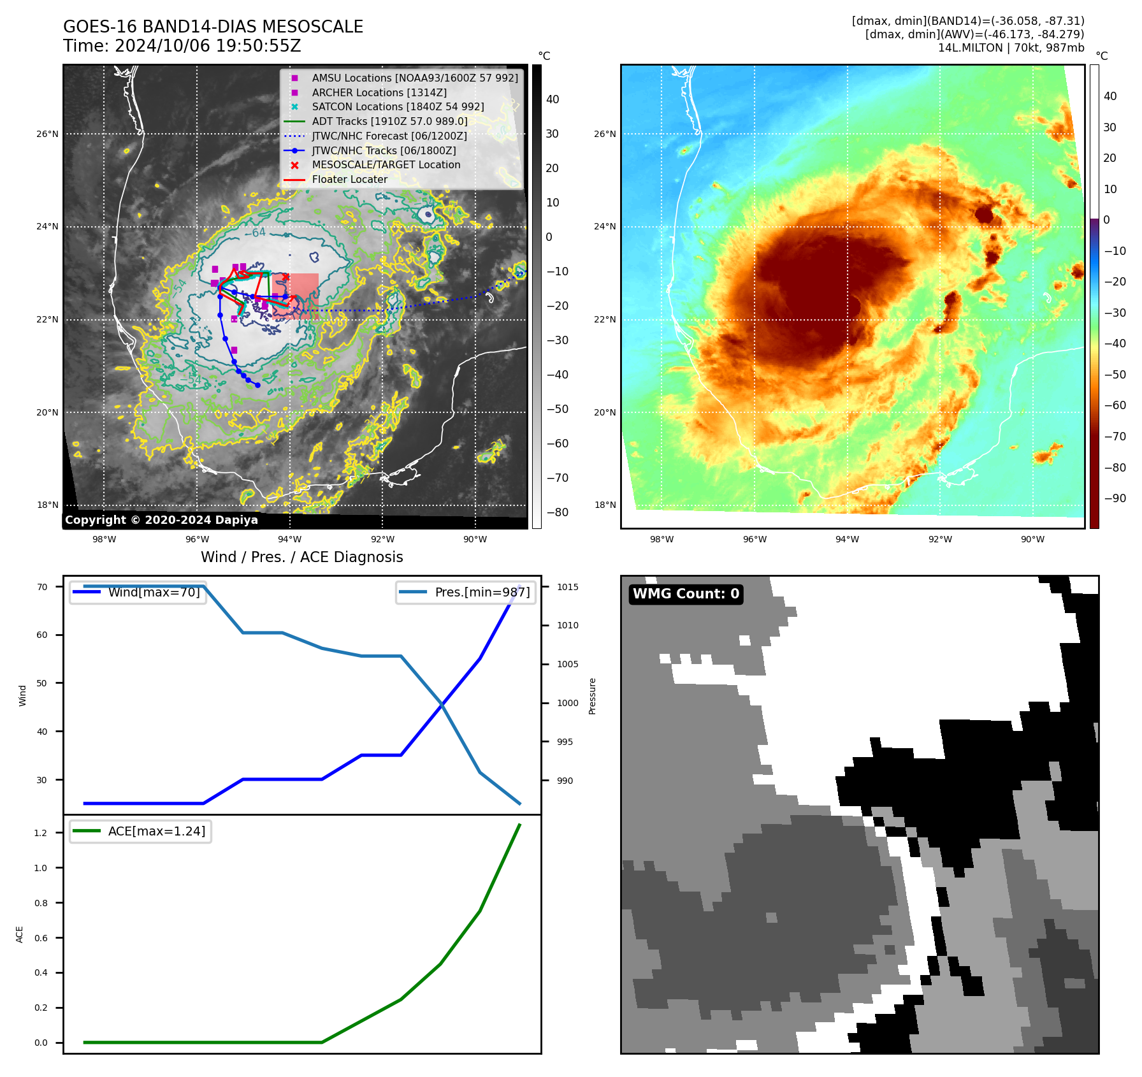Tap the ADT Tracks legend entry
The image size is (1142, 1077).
click(x=389, y=121)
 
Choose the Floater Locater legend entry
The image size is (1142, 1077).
click(x=349, y=179)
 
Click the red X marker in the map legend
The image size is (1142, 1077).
click(x=294, y=165)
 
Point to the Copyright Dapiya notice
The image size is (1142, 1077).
click(x=161, y=520)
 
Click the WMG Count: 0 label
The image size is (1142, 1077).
click(x=686, y=594)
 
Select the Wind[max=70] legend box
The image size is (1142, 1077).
click(x=138, y=592)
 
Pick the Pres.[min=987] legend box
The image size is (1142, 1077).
click(x=465, y=592)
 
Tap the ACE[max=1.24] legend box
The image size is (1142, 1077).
click(x=140, y=831)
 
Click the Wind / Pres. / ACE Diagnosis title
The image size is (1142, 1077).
click(x=301, y=557)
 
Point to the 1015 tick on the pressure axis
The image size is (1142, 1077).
click(x=567, y=587)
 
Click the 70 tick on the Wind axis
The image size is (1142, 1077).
click(x=42, y=587)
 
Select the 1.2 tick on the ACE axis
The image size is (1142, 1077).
click(x=41, y=833)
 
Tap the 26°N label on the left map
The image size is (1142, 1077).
click(x=47, y=134)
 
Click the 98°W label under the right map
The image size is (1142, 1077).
click(x=661, y=539)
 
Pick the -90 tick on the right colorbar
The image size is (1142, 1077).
click(x=1115, y=498)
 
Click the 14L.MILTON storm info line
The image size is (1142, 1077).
click(x=1011, y=48)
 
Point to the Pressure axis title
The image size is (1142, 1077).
click(x=592, y=696)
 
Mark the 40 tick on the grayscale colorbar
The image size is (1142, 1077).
click(x=553, y=99)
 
